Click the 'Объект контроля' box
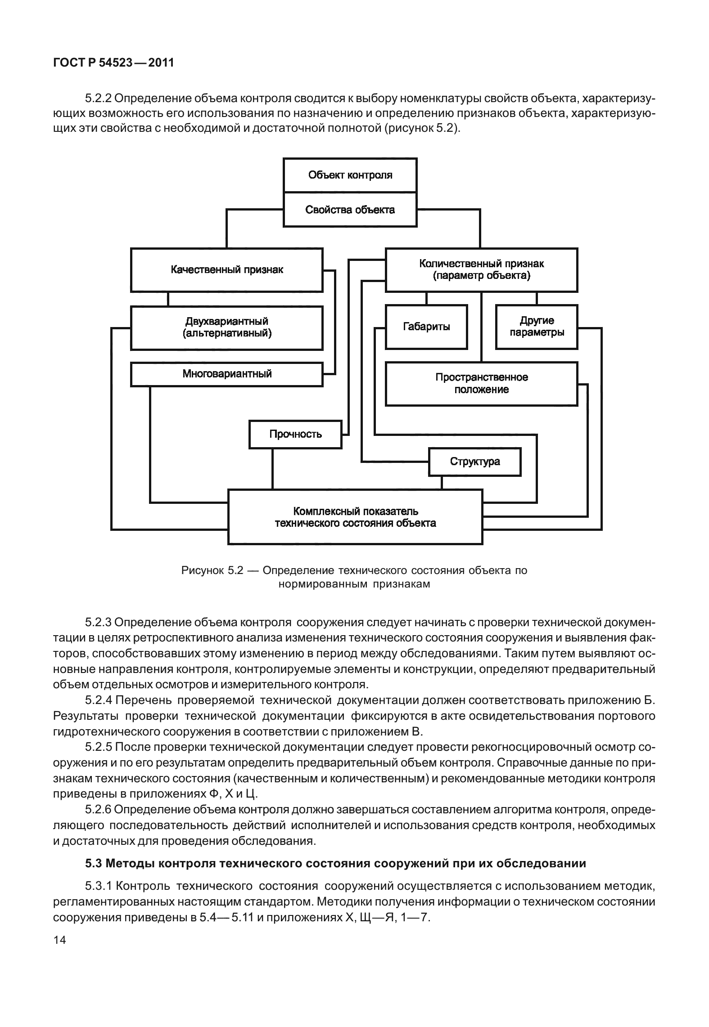(x=350, y=175)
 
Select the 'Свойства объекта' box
(x=350, y=210)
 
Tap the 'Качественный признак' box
(x=226, y=269)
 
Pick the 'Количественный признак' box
(x=481, y=269)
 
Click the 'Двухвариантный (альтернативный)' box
(x=226, y=327)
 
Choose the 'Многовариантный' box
(x=226, y=374)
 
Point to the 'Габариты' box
(x=426, y=327)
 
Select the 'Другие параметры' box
(x=536, y=327)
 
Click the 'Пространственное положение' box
(x=481, y=384)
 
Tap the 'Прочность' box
(x=295, y=434)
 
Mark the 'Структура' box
(x=474, y=462)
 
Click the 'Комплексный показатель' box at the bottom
(x=355, y=517)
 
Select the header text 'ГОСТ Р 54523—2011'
(x=113, y=63)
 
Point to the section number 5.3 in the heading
(x=93, y=863)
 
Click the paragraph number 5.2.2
(x=99, y=98)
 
